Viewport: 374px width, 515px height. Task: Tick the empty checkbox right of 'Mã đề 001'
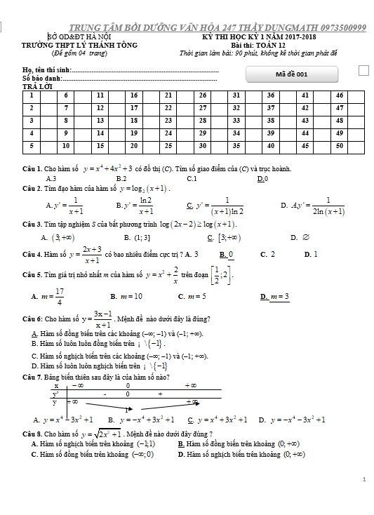[x=363, y=70]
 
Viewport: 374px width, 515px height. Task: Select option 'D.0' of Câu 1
[x=262, y=179]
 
